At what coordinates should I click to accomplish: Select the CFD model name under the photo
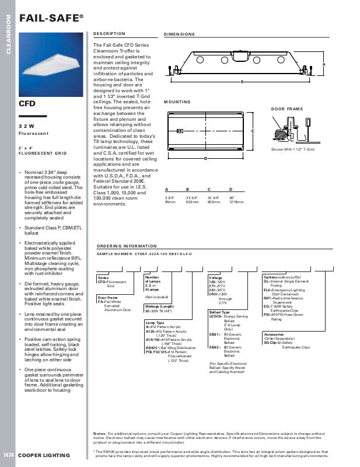(x=27, y=103)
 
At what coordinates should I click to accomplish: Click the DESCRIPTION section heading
(x=109, y=34)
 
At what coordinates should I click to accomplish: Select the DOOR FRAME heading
(x=286, y=109)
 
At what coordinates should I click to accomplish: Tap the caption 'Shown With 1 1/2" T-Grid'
(x=292, y=150)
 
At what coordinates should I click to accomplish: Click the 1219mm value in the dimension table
(x=236, y=202)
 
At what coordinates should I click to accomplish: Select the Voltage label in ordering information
(x=215, y=277)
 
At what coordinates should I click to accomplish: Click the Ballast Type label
(x=219, y=312)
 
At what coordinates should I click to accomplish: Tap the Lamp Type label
(x=155, y=322)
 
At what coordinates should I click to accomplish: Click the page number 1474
(x=9, y=455)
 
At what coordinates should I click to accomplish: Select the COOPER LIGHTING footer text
(x=44, y=455)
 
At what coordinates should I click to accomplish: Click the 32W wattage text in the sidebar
(x=26, y=126)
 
